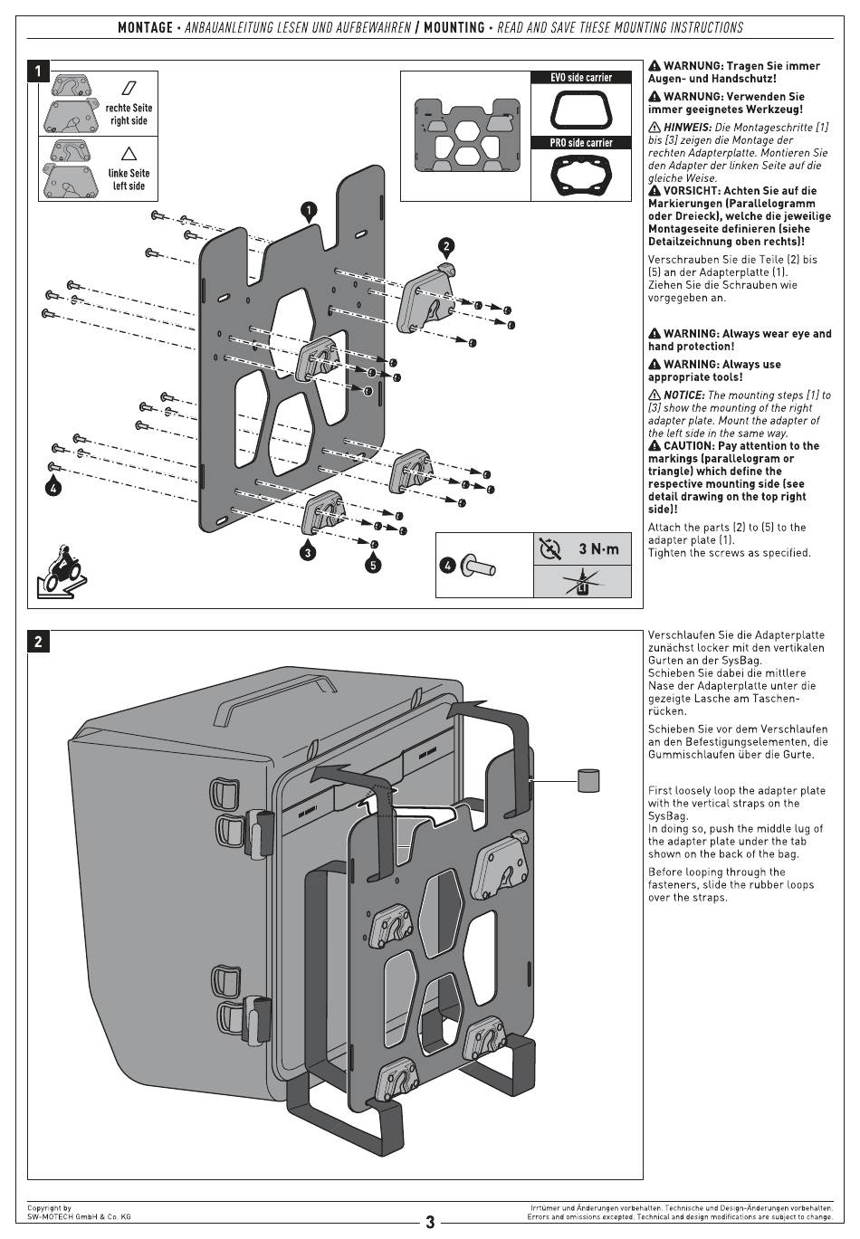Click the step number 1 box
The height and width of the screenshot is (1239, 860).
point(38,71)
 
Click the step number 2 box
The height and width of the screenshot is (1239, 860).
point(38,642)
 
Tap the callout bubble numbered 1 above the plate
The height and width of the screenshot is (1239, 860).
point(309,210)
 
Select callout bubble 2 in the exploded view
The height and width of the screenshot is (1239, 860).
point(446,247)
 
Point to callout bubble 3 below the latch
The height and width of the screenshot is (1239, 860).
point(308,551)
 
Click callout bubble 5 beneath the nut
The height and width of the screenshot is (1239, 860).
point(373,565)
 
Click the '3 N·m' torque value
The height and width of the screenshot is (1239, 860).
point(598,548)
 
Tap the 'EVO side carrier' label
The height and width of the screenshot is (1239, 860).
point(581,78)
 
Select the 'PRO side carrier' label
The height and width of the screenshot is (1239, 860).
point(581,143)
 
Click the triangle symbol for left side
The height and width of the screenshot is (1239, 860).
point(129,153)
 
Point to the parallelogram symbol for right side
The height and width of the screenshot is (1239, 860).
point(129,88)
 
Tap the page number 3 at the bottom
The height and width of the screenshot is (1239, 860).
point(430,1222)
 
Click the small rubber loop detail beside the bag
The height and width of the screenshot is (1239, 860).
point(588,780)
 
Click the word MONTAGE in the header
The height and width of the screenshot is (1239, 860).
point(145,28)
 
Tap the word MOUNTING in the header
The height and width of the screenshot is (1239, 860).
point(454,28)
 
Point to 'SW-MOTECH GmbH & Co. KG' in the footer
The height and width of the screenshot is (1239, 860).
point(79,1217)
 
